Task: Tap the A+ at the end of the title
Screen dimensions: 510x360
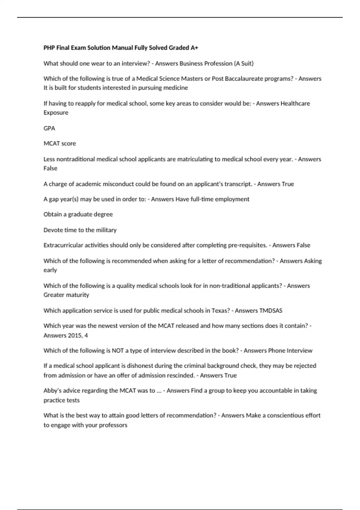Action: pos(194,48)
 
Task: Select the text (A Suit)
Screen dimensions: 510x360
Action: pos(243,63)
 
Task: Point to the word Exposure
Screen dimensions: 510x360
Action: pos(56,112)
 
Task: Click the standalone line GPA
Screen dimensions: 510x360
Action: pos(49,128)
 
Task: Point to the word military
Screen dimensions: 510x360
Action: pos(106,230)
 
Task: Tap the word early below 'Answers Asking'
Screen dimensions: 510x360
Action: pos(50,270)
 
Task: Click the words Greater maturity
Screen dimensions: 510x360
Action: pos(66,295)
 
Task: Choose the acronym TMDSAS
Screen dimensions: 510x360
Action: pos(271,310)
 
